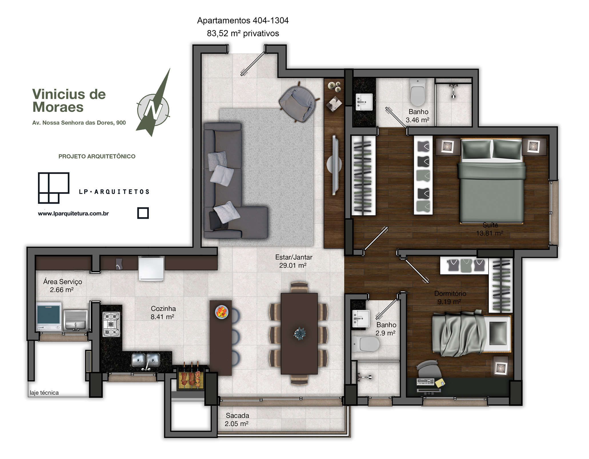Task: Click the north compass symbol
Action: pos(154,109)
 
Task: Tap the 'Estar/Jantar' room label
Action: pos(294,257)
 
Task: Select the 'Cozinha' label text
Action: pos(163,308)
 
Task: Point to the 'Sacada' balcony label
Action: pos(237,415)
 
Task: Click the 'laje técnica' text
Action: pos(44,393)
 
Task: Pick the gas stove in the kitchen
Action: pos(111,324)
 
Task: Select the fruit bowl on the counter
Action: pos(222,312)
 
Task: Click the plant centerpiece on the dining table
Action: pos(300,334)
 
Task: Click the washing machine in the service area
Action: pos(49,316)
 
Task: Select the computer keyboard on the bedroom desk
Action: pos(425,381)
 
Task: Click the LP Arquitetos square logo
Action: pos(54,188)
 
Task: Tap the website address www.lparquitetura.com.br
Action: pos(73,213)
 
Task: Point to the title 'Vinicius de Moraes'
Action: pos(69,101)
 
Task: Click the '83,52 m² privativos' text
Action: pos(243,33)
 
